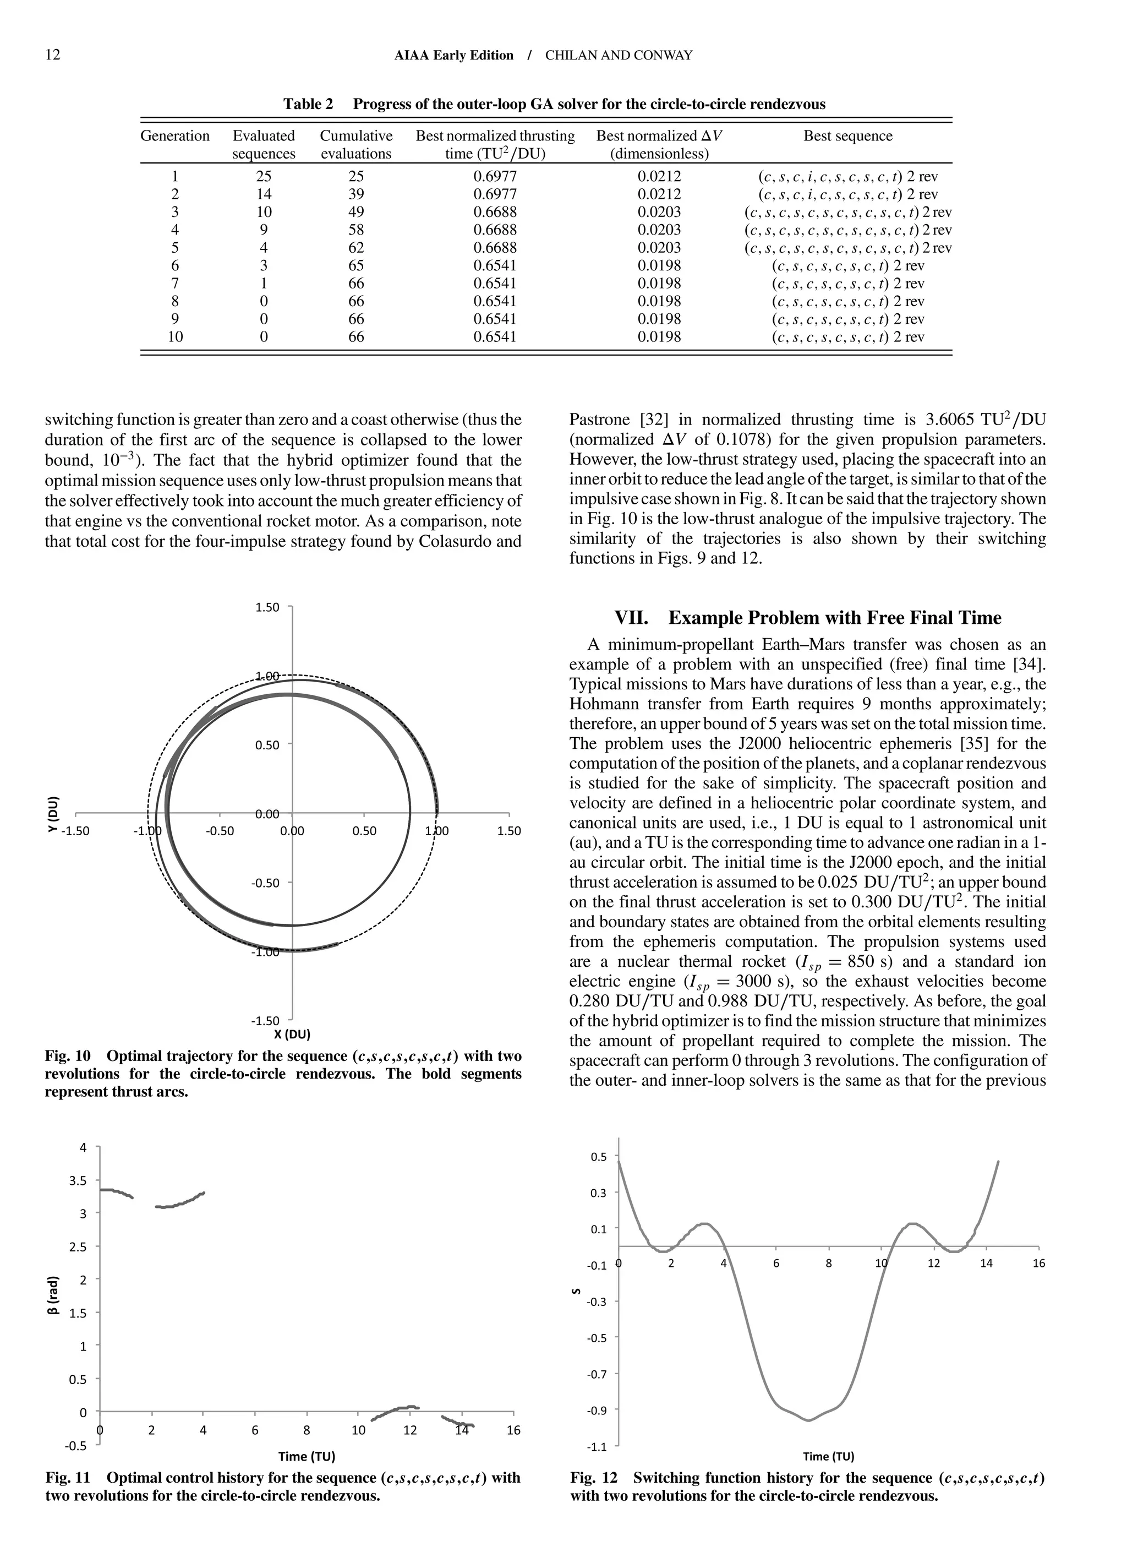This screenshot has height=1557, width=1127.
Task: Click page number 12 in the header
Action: pos(53,55)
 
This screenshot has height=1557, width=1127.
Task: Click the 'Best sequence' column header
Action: pos(847,136)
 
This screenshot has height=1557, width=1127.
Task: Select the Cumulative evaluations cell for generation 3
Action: pos(355,212)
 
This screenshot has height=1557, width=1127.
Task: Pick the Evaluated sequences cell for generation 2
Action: pos(264,194)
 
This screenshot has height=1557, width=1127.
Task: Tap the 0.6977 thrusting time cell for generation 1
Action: pos(495,176)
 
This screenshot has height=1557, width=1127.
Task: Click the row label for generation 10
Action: pos(175,337)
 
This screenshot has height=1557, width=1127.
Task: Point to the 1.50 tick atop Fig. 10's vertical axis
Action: pos(267,607)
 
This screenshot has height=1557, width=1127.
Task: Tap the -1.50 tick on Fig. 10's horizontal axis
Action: pos(75,831)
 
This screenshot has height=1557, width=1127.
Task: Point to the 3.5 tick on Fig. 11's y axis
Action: pos(78,1181)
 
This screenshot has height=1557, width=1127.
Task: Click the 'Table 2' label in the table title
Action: pos(308,105)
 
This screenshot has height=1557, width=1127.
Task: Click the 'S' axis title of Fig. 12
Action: pos(577,1292)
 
